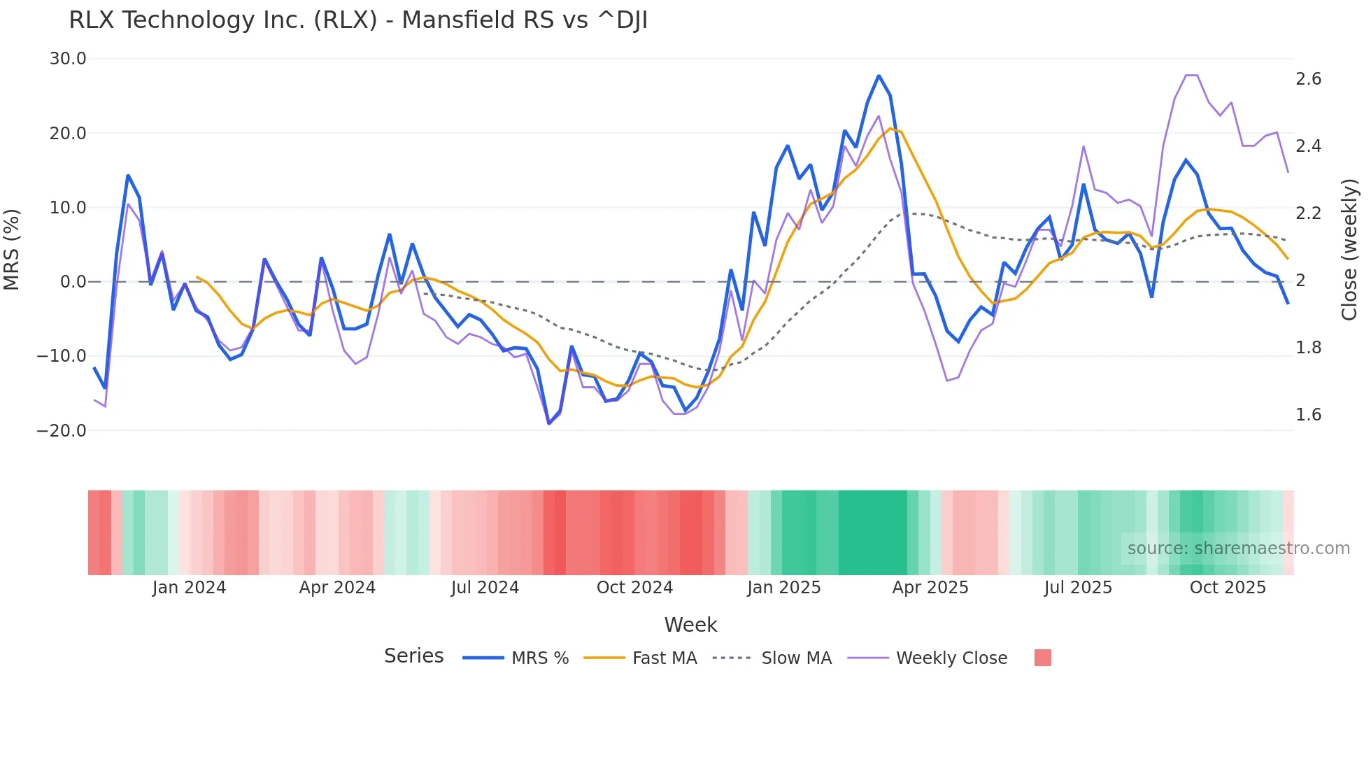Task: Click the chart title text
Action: (358, 20)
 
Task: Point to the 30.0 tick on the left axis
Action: (68, 59)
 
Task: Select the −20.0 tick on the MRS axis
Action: (62, 431)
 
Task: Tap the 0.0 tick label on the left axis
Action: (73, 282)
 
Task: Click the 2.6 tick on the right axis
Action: (1308, 79)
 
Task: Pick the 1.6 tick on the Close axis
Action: (1308, 415)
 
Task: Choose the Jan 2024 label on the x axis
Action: (189, 588)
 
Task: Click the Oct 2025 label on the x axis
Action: (1228, 588)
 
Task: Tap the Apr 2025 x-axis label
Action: (930, 588)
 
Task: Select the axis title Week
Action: (690, 625)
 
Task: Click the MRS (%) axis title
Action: (12, 250)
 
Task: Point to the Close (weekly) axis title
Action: (1349, 250)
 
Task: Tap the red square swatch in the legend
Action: (1042, 658)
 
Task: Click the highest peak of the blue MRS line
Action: (879, 76)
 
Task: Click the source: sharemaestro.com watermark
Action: (1238, 549)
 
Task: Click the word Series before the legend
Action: (413, 656)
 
